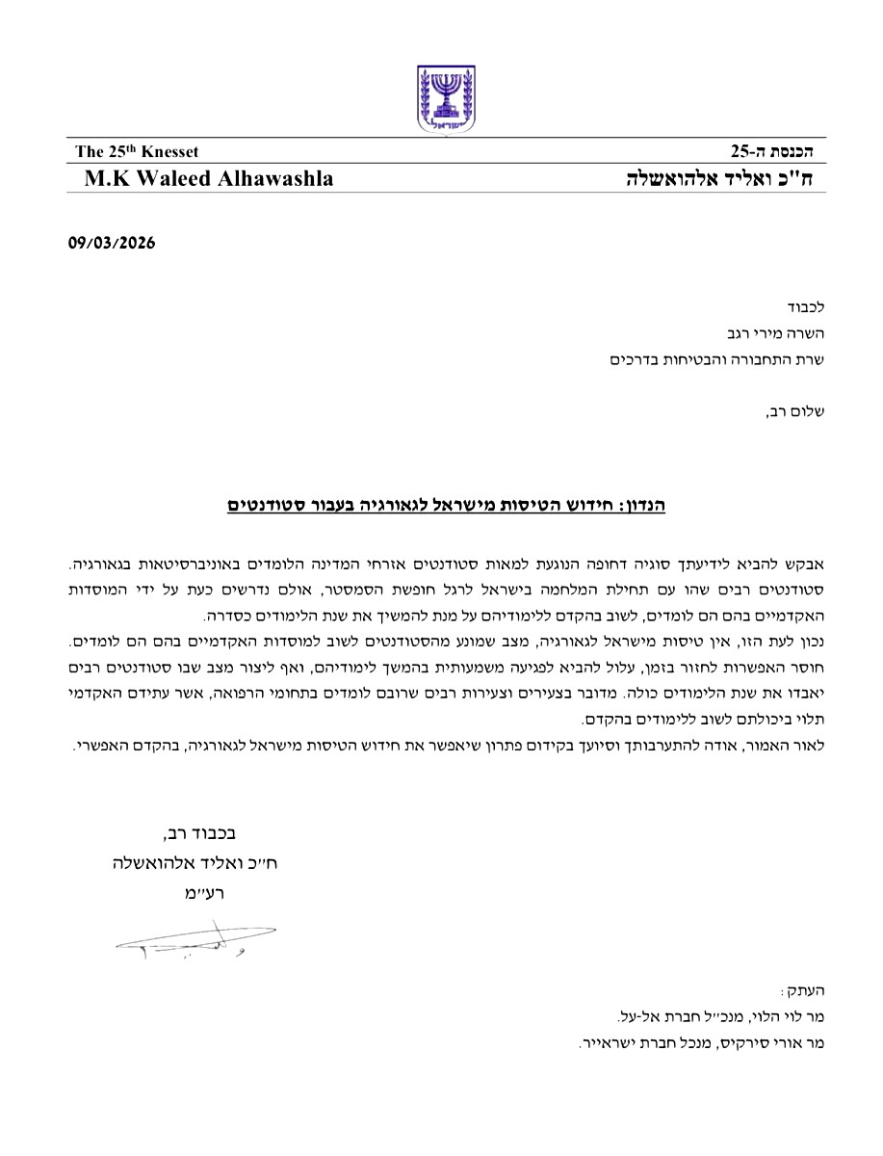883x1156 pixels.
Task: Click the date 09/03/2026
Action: pos(111,244)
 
